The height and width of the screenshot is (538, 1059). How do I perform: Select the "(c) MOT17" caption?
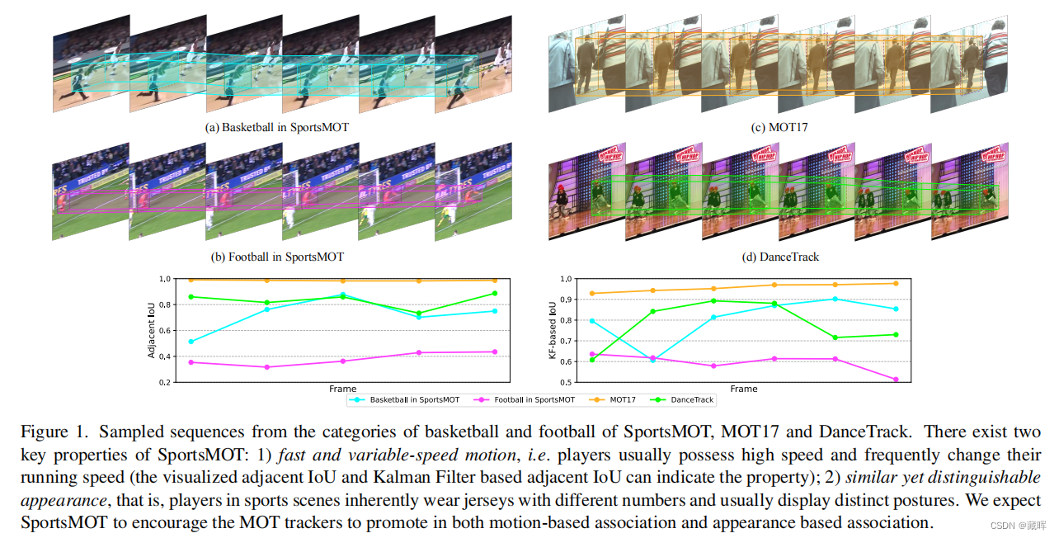click(x=778, y=128)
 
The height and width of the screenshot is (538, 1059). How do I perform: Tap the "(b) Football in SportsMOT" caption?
click(x=277, y=257)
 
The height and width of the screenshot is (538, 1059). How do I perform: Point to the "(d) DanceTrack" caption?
click(x=780, y=257)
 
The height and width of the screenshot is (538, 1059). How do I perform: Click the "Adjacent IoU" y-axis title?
click(x=152, y=330)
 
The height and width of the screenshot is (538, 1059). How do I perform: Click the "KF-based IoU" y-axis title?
click(x=553, y=330)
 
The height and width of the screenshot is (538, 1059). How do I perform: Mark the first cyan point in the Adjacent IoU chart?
click(x=191, y=342)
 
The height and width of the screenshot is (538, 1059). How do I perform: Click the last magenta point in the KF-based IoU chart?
click(x=897, y=380)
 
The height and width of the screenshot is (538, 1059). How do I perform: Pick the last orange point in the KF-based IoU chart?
click(x=897, y=284)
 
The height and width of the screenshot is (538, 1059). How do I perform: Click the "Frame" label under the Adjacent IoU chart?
click(x=342, y=389)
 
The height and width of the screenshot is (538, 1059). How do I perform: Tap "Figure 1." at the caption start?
click(x=49, y=432)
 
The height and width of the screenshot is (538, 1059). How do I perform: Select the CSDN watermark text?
click(x=1020, y=525)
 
